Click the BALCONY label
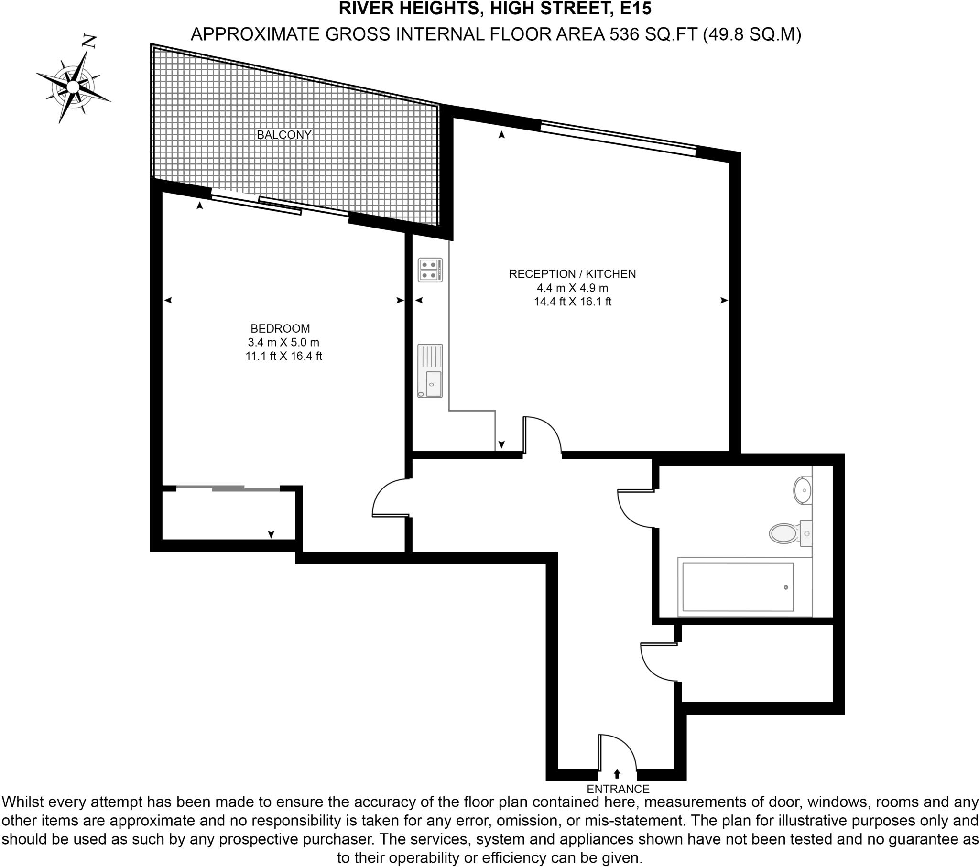click(x=284, y=135)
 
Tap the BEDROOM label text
click(x=280, y=329)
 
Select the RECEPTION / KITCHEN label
click(x=572, y=274)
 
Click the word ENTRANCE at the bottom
click(x=618, y=789)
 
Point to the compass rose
click(x=73, y=87)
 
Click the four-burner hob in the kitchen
click(x=430, y=270)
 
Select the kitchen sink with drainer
click(x=430, y=371)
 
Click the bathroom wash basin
click(x=803, y=490)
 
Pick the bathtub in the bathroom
click(x=738, y=587)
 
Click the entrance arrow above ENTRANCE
click(x=617, y=773)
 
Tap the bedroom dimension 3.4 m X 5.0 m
click(x=283, y=343)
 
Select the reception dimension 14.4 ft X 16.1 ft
click(x=573, y=302)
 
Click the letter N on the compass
click(x=89, y=41)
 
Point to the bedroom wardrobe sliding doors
click(x=228, y=488)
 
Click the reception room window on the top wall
click(x=618, y=139)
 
